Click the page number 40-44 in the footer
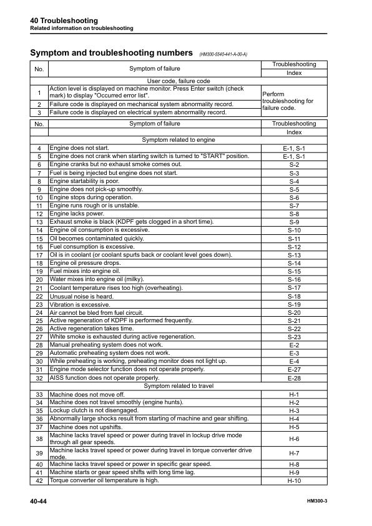pos(38,502)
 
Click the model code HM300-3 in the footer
pos(321,502)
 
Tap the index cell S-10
pos(294,230)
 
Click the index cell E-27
pos(294,369)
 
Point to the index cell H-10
pos(294,481)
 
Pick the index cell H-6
pos(294,439)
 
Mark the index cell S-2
pos(294,164)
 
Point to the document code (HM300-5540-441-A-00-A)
pos(223,54)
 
